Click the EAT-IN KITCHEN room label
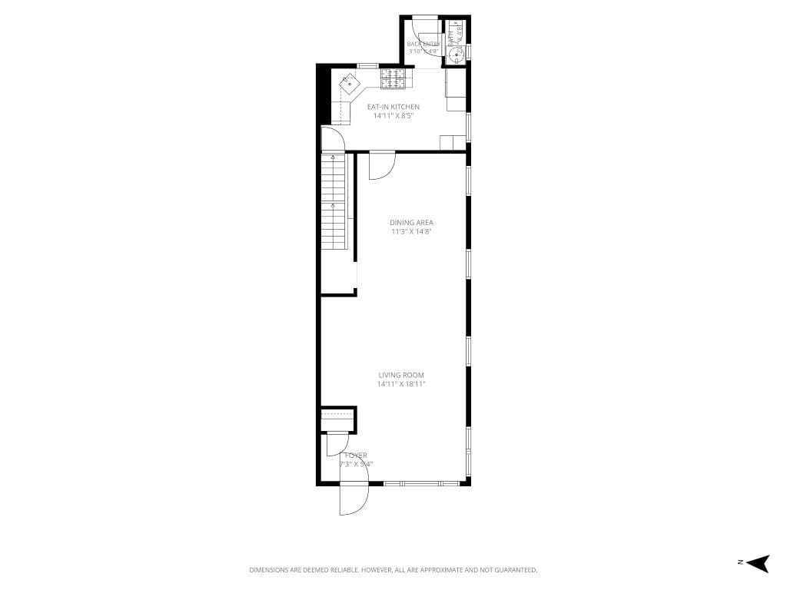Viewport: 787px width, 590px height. [393, 107]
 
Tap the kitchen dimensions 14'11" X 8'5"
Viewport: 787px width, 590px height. [393, 116]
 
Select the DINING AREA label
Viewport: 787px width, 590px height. [411, 223]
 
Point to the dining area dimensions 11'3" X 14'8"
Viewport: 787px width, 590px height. [411, 231]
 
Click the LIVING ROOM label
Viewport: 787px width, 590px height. [401, 375]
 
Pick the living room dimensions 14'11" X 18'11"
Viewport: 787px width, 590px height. [401, 384]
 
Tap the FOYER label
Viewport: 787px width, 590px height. [355, 456]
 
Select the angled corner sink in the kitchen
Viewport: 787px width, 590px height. [350, 81]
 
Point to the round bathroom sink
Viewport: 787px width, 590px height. [457, 54]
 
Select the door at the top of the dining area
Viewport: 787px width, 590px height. [381, 166]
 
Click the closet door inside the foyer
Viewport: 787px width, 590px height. [337, 444]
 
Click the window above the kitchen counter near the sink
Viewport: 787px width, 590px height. [367, 65]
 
